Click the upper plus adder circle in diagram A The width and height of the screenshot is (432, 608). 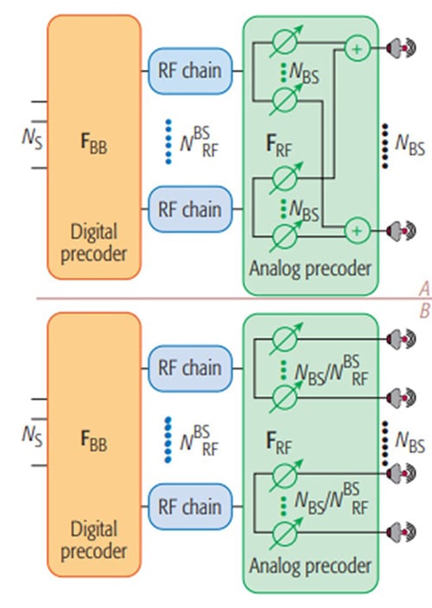click(x=355, y=48)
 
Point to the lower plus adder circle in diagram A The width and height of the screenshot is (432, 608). click(x=355, y=230)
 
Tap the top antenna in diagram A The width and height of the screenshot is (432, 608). click(x=394, y=48)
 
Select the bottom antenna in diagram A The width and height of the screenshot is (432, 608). click(x=394, y=231)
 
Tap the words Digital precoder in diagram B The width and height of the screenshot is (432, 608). click(x=94, y=537)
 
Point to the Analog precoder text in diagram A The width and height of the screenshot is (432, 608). click(x=310, y=268)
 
